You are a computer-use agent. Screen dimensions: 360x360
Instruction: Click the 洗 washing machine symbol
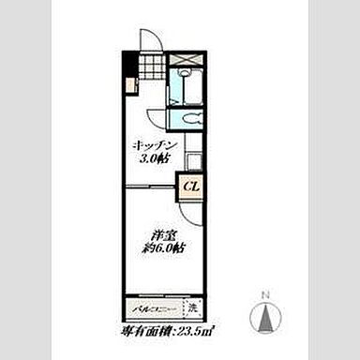[192, 307]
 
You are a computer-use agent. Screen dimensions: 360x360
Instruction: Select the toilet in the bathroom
[187, 119]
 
